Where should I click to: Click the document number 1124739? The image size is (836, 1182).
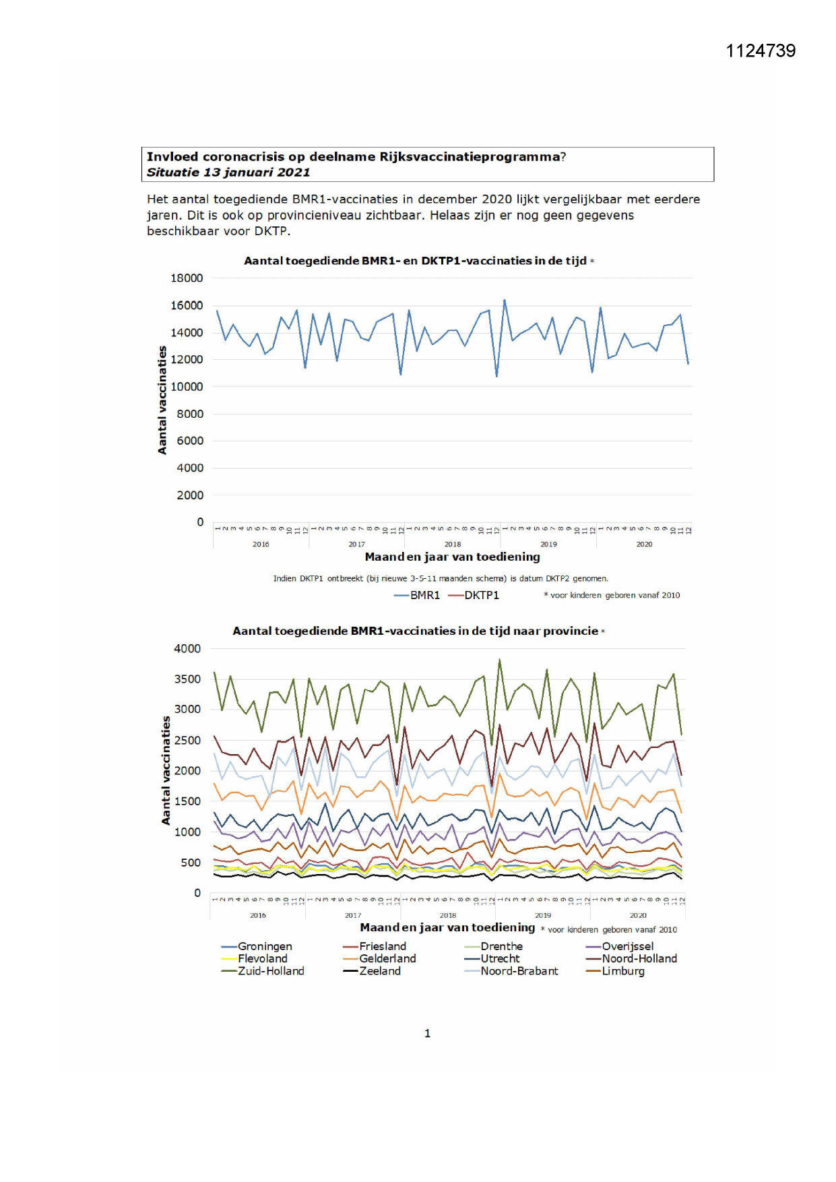point(761,51)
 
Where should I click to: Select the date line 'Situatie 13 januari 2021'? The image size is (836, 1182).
point(228,173)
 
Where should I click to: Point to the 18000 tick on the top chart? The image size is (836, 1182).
point(187,278)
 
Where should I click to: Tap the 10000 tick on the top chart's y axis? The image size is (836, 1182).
point(187,387)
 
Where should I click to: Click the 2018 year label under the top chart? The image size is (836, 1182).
point(453,545)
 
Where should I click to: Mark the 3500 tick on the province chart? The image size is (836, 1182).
point(187,679)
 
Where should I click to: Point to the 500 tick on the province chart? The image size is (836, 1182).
point(191,863)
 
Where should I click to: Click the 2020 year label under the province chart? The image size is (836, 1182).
point(638,915)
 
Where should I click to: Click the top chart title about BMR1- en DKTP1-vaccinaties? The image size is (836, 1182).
point(415,261)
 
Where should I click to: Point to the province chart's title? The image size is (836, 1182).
point(415,631)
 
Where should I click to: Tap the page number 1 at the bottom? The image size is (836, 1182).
point(427,1034)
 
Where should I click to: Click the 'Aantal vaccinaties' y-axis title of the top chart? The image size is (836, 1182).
point(162,400)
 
